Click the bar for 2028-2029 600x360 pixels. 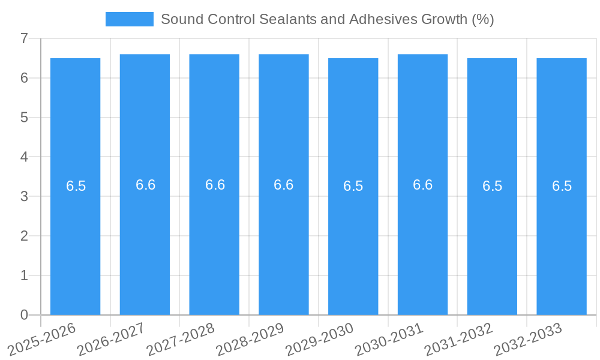tap(284, 252)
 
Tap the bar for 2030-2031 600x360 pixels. tap(422, 252)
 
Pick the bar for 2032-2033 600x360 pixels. tap(562, 252)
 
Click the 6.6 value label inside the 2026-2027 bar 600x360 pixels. tap(145, 185)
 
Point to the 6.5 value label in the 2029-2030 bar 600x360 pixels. tap(353, 186)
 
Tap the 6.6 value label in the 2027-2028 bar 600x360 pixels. tap(215, 185)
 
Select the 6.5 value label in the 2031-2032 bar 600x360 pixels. tap(492, 186)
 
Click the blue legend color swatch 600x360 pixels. tap(129, 19)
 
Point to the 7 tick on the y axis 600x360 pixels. tap(24, 39)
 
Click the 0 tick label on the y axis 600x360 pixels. tap(24, 315)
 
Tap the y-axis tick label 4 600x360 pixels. tap(24, 157)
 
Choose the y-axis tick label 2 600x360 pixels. tap(24, 236)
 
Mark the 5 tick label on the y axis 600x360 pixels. tap(24, 118)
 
